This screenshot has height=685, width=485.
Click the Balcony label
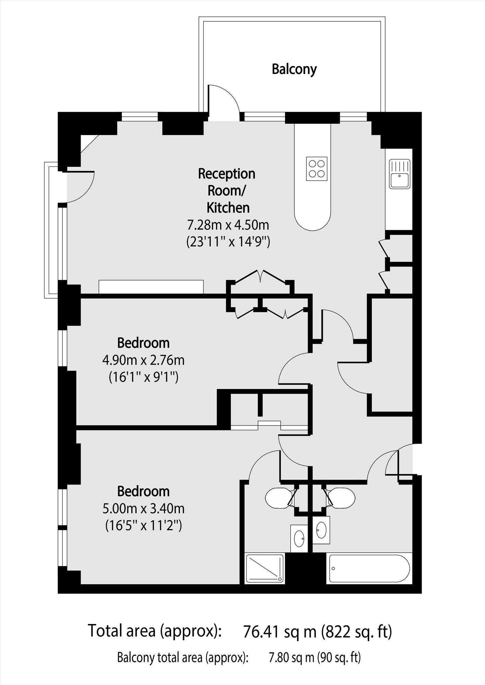coord(294,69)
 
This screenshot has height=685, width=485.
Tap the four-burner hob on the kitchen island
coord(317,169)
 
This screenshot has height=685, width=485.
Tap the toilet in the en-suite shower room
coord(280,498)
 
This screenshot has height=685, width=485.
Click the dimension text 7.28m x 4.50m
coord(228,225)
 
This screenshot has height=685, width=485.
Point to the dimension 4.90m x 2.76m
coord(143,360)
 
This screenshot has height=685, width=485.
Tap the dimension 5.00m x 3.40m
coord(143,509)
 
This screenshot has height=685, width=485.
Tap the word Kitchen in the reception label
coord(228,208)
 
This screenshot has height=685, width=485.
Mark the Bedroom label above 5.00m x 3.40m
coord(143,491)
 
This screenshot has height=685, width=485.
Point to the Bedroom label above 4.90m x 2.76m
coord(143,343)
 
